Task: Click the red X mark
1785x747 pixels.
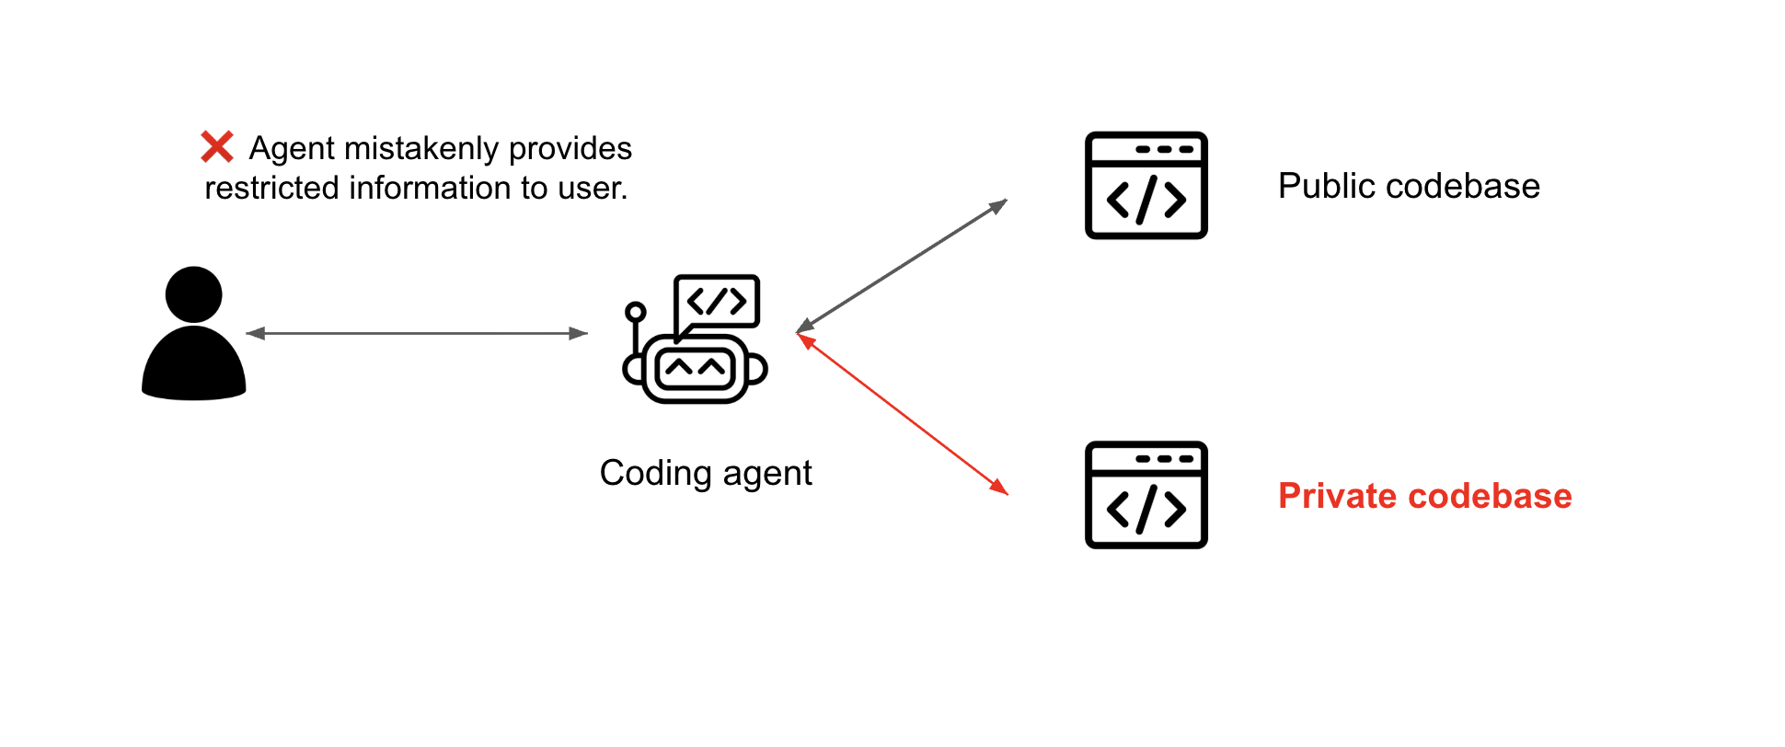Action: click(x=217, y=147)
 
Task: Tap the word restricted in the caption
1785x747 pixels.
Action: click(x=272, y=189)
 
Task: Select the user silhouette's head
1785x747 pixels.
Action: click(x=193, y=294)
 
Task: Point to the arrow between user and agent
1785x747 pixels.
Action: click(x=417, y=333)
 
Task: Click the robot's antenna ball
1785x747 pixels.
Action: click(x=635, y=313)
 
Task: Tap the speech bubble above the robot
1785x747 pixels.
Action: click(x=718, y=301)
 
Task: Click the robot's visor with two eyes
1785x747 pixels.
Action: click(x=695, y=370)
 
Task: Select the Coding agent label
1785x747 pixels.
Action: click(x=705, y=474)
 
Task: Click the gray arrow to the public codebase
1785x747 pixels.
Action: click(x=902, y=265)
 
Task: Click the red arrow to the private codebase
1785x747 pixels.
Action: click(x=902, y=414)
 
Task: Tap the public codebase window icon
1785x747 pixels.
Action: click(x=1146, y=186)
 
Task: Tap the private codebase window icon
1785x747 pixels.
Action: click(x=1146, y=495)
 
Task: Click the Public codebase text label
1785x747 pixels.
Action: click(x=1408, y=187)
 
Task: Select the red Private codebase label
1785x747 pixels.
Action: click(x=1424, y=497)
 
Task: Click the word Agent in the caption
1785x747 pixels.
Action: click(x=292, y=148)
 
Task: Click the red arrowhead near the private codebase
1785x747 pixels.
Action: click(x=1000, y=488)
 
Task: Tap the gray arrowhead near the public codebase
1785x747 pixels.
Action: click(x=998, y=205)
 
